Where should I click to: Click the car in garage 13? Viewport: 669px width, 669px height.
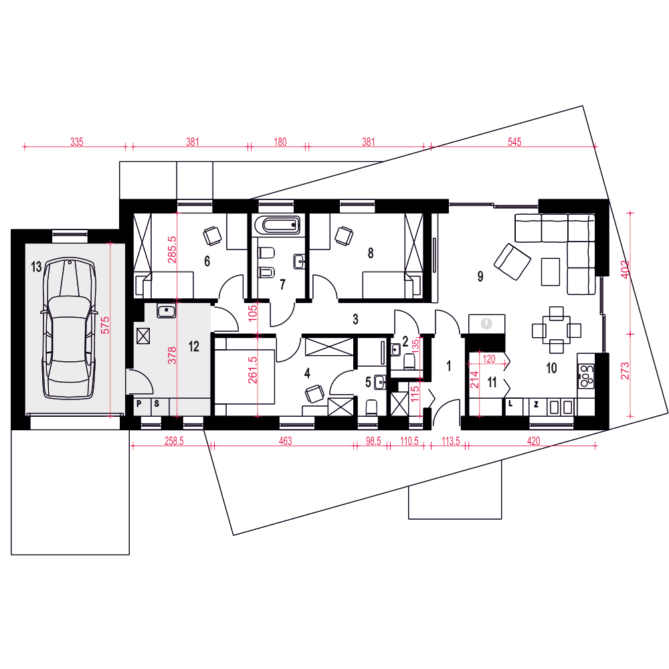pyautogui.click(x=68, y=328)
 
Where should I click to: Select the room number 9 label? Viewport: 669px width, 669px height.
pyautogui.click(x=480, y=276)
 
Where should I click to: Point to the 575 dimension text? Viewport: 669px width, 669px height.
pyautogui.click(x=106, y=325)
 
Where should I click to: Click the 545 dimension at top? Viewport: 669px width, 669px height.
pyautogui.click(x=514, y=142)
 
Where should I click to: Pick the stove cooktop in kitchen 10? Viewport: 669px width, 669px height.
pyautogui.click(x=586, y=375)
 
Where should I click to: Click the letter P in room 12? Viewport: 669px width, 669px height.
pyautogui.click(x=138, y=403)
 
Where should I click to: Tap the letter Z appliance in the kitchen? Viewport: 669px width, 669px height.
pyautogui.click(x=537, y=405)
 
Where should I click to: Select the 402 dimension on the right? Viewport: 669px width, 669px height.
pyautogui.click(x=625, y=269)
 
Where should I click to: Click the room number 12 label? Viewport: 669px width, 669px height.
pyautogui.click(x=194, y=347)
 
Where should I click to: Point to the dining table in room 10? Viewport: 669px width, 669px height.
pyautogui.click(x=557, y=330)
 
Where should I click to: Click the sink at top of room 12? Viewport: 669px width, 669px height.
pyautogui.click(x=167, y=310)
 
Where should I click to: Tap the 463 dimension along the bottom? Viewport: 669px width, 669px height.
pyautogui.click(x=285, y=441)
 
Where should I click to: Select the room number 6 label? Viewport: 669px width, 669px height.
pyautogui.click(x=207, y=261)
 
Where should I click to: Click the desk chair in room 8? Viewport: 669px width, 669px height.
pyautogui.click(x=344, y=235)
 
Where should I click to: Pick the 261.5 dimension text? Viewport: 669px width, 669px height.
pyautogui.click(x=253, y=370)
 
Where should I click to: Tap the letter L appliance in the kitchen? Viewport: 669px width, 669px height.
pyautogui.click(x=510, y=403)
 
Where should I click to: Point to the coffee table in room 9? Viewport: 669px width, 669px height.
pyautogui.click(x=551, y=272)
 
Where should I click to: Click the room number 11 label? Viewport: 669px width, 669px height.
pyautogui.click(x=492, y=382)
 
